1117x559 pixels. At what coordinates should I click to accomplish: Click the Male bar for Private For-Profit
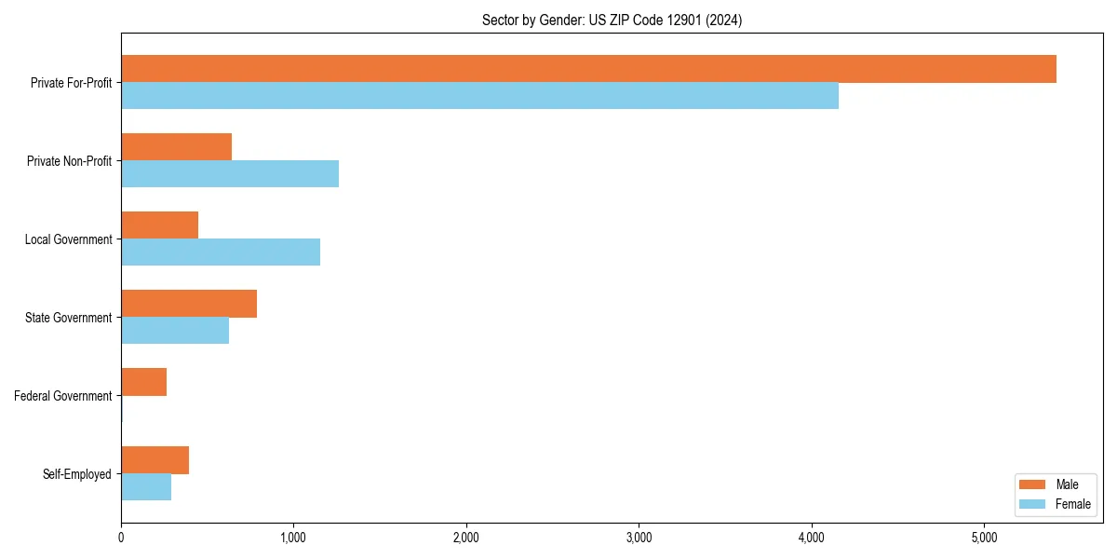point(588,69)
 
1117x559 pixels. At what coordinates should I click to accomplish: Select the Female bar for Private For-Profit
point(479,96)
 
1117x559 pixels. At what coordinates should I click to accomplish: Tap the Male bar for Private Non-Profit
point(176,147)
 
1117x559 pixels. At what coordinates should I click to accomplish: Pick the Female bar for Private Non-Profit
point(230,174)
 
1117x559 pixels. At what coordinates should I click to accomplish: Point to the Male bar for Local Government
point(159,225)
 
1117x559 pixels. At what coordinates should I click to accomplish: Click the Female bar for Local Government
point(221,252)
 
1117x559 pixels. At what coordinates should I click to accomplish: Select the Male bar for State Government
point(189,304)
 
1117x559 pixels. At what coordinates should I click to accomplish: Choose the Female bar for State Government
point(175,331)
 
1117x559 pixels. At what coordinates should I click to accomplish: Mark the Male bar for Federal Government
point(143,382)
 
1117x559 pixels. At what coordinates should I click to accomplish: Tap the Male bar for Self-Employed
point(155,460)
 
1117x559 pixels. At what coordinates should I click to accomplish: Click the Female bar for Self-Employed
point(146,487)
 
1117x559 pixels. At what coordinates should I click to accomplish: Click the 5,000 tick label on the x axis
point(984,538)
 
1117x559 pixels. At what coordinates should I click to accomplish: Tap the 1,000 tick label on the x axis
point(293,538)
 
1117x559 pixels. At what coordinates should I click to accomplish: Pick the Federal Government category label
point(63,396)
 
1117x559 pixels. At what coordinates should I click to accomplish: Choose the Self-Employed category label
point(77,474)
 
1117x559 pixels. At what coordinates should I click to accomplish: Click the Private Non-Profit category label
point(69,161)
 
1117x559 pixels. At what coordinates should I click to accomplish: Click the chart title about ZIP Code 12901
point(612,20)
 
